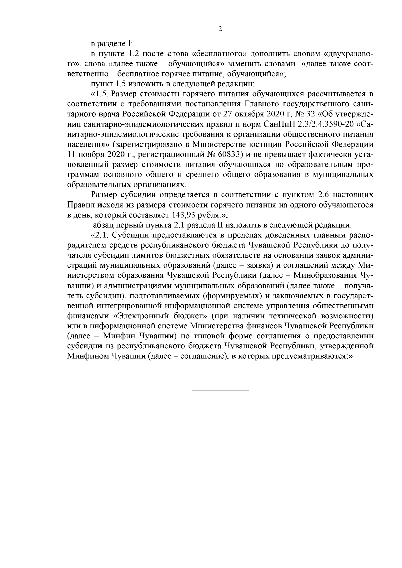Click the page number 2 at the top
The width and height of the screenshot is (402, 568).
pos(220,29)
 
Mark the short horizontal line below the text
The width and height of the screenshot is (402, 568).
pos(220,391)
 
